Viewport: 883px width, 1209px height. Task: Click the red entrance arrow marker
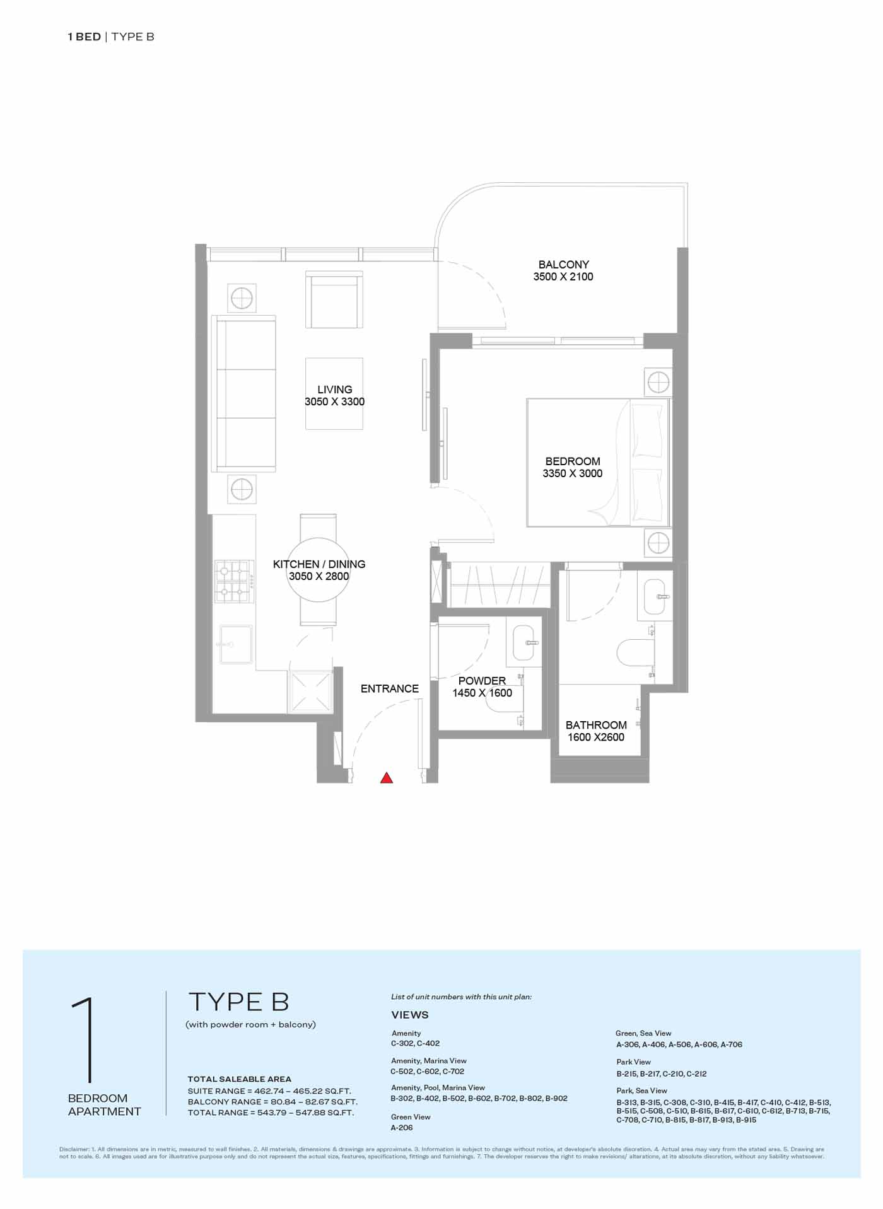pos(387,778)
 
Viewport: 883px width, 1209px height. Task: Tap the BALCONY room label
pos(563,264)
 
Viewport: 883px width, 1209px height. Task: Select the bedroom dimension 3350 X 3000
pos(573,473)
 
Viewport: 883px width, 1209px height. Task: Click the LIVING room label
pos(334,390)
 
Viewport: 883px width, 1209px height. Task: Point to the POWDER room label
pos(482,681)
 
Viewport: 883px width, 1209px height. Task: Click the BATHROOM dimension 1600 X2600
pos(596,737)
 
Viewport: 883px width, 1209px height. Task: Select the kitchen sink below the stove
pos(236,644)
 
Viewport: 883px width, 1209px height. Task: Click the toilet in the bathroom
pos(636,652)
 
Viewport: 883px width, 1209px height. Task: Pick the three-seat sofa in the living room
pos(245,393)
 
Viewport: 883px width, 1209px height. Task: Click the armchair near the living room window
pos(334,299)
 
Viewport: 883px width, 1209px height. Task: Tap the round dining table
pos(319,570)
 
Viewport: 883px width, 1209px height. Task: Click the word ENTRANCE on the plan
pos(390,688)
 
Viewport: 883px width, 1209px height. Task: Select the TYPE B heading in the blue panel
pos(239,1002)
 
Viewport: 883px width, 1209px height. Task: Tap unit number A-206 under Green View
pos(402,1128)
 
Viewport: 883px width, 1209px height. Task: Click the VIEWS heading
pos(410,1015)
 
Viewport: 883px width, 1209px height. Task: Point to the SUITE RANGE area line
pos(269,1091)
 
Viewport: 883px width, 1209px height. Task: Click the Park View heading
pos(634,1062)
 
